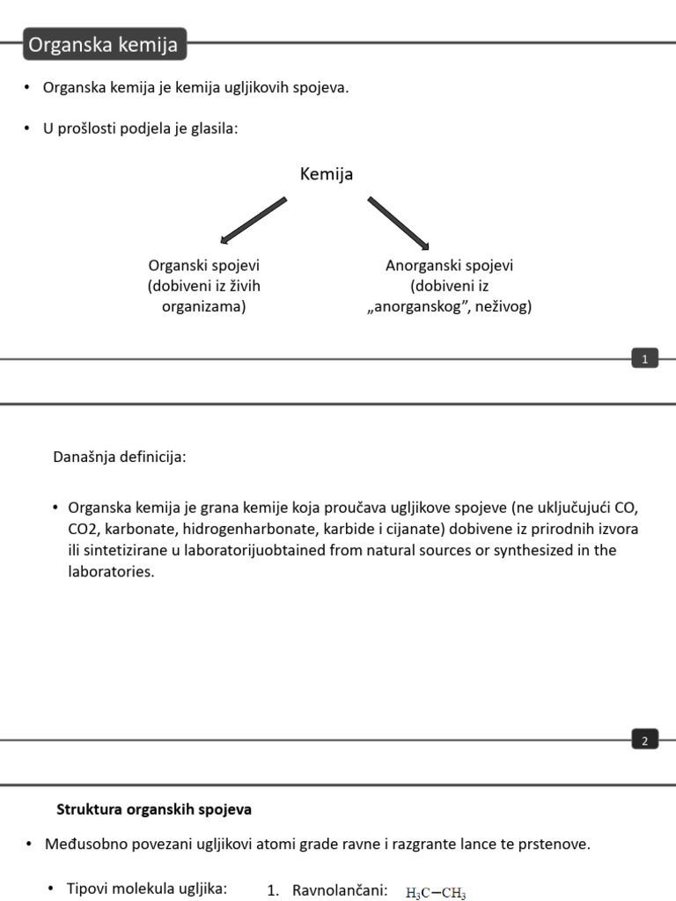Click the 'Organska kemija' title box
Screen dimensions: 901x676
click(105, 44)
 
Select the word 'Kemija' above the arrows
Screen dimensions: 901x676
click(327, 174)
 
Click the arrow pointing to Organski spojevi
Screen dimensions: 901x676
click(253, 220)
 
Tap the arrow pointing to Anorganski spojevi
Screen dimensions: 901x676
click(398, 223)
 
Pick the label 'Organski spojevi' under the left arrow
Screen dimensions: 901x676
click(204, 265)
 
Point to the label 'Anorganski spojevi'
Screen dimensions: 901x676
click(449, 265)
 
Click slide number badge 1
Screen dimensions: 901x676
click(644, 358)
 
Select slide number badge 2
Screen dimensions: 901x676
click(644, 741)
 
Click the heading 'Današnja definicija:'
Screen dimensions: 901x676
click(120, 457)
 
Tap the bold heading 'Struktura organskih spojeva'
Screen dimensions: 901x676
click(154, 809)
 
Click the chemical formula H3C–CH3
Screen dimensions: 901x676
click(436, 892)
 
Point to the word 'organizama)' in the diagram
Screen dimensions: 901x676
click(204, 307)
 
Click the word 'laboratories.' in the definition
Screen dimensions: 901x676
click(111, 571)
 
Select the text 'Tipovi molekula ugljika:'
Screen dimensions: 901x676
click(147, 889)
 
